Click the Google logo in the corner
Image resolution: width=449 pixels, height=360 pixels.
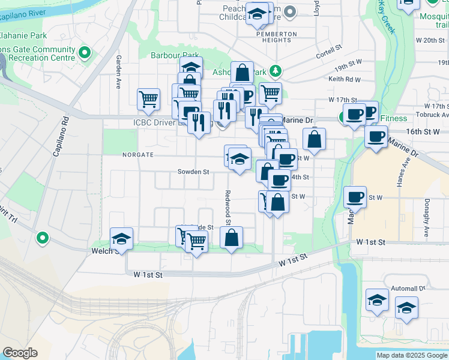(x=20, y=353)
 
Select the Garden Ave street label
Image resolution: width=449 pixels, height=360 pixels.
(x=119, y=73)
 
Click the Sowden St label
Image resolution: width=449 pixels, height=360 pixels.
(x=193, y=172)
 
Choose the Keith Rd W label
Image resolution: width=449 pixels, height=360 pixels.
(x=345, y=79)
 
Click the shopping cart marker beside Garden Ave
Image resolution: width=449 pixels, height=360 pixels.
(x=148, y=99)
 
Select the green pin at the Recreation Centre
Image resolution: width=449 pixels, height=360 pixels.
(x=85, y=53)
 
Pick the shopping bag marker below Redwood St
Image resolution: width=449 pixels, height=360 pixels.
(x=232, y=238)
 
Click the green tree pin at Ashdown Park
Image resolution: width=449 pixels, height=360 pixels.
(x=276, y=71)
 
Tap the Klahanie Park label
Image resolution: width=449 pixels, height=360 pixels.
(x=23, y=36)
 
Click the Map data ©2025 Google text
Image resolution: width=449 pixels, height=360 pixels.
(x=411, y=355)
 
